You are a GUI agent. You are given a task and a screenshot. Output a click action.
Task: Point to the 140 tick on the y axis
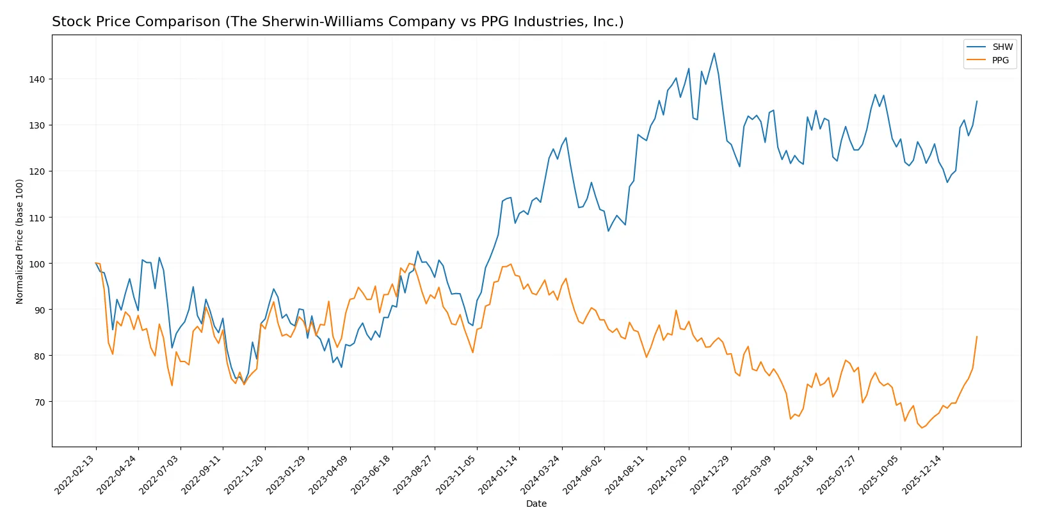click(37, 79)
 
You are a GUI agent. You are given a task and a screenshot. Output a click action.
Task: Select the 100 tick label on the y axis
click(37, 264)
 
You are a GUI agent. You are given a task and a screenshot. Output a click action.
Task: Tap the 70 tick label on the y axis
click(39, 402)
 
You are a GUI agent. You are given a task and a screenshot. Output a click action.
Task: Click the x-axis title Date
click(536, 504)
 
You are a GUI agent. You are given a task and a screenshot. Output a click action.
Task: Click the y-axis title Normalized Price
click(19, 241)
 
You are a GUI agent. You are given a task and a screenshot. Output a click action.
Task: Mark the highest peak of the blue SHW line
click(714, 53)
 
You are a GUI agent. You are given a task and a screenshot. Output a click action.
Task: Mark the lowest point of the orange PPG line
click(922, 427)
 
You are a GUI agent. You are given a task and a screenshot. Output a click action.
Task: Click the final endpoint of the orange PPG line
click(977, 337)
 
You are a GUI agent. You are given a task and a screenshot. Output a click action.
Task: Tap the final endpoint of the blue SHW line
click(977, 101)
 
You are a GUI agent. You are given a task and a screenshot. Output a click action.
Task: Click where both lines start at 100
click(96, 263)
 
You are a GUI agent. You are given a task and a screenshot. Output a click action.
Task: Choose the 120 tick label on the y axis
click(37, 171)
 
